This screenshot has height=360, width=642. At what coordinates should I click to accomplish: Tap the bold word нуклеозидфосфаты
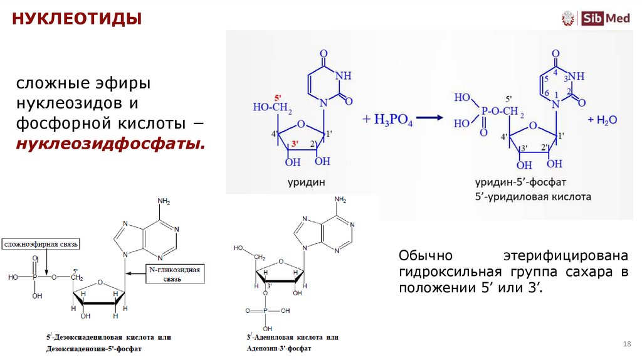[111, 144]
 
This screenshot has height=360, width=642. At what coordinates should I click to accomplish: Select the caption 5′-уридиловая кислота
[533, 196]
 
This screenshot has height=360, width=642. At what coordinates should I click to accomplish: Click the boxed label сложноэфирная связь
[43, 243]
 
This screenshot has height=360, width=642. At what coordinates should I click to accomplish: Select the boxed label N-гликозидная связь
[174, 273]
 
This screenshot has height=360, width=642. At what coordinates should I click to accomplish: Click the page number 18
[626, 344]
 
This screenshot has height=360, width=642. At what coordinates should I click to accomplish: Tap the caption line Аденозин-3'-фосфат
[279, 348]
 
